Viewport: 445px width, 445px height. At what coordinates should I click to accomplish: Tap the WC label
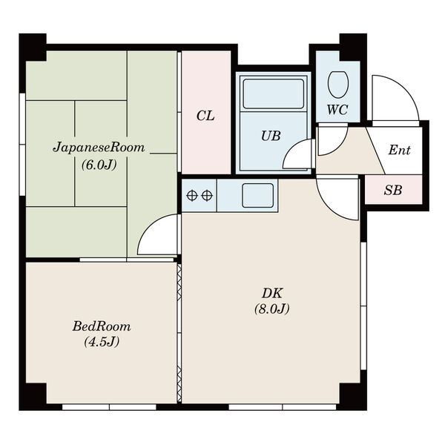coord(337,110)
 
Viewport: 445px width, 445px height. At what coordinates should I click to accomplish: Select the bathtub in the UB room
coord(274,93)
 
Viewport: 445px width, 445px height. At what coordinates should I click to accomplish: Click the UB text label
coord(271,136)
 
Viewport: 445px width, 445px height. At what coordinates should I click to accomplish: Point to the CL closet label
coord(205,116)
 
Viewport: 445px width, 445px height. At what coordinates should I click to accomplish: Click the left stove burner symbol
coord(192,195)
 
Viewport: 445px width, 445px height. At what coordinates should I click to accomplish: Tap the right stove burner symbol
coord(207,195)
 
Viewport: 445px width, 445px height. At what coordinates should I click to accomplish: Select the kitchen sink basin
coord(257,195)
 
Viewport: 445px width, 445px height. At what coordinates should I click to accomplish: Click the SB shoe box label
coord(393,190)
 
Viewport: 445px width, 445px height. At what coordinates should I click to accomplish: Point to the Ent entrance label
coord(399,150)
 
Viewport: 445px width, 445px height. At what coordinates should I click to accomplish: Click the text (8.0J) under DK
coord(271,309)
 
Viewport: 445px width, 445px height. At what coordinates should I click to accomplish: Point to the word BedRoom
coord(102,326)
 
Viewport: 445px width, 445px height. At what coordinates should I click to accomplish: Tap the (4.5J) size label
coord(102,342)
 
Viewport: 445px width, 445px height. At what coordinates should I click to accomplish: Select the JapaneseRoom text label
coord(99,148)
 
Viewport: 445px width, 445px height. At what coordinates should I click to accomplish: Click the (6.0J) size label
coord(99,165)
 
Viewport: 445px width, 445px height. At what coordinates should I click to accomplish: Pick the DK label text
coord(271,293)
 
